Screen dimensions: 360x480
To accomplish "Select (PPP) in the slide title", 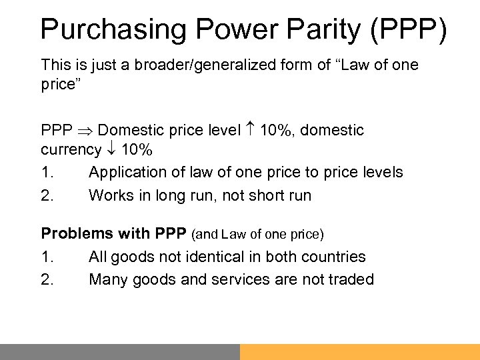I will (409, 30).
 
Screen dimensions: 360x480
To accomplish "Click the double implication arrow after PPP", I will (91, 130).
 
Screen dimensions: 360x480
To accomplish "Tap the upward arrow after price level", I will (251, 130).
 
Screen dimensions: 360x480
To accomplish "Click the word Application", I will (125, 173).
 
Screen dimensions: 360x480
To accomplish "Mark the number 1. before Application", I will (47, 173).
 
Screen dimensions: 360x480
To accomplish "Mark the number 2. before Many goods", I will (47, 279).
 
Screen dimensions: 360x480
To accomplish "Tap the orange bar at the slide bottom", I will (360, 351).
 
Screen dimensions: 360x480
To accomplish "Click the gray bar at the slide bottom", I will (120, 351).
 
